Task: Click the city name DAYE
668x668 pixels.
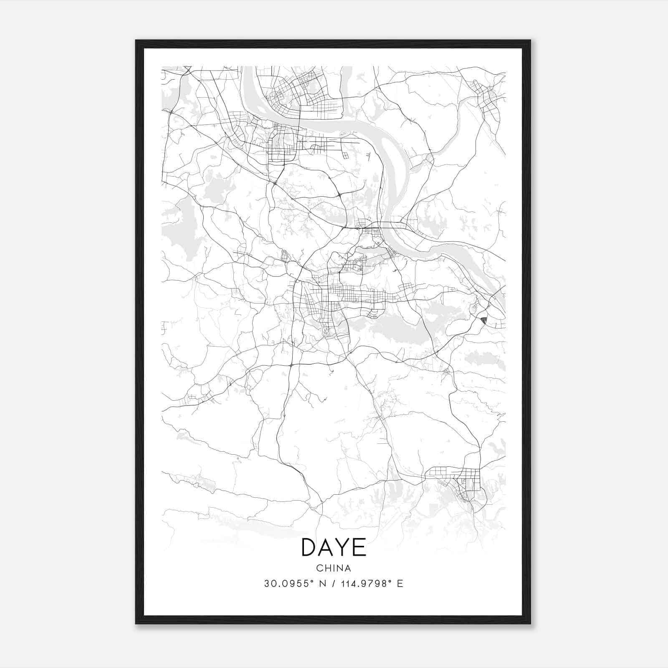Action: pyautogui.click(x=334, y=548)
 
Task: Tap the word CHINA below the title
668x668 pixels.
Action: pyautogui.click(x=334, y=568)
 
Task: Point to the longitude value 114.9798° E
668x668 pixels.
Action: pyautogui.click(x=372, y=584)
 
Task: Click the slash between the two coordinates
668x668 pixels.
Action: pyautogui.click(x=333, y=584)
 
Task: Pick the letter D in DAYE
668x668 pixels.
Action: pyautogui.click(x=308, y=548)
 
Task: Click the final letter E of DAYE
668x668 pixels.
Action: pyautogui.click(x=359, y=548)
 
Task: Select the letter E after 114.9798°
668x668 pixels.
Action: pyautogui.click(x=400, y=584)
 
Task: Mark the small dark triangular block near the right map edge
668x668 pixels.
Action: pyautogui.click(x=484, y=321)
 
